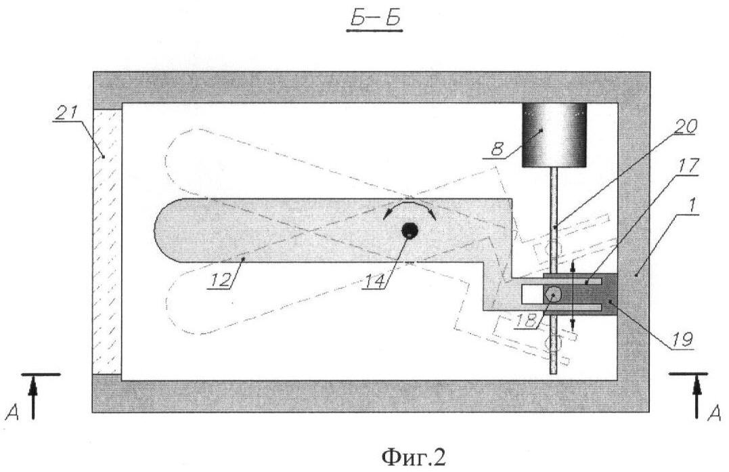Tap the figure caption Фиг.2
(x=414, y=457)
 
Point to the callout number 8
(x=497, y=149)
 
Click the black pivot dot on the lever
(x=410, y=230)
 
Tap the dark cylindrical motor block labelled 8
(x=554, y=135)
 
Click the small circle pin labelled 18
(x=554, y=293)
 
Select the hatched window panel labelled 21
(x=107, y=241)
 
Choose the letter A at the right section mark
(x=715, y=412)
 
